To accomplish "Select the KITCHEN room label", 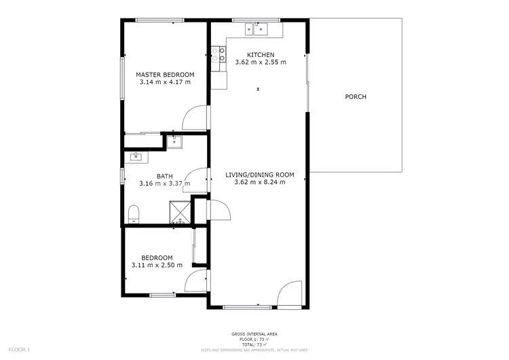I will (261, 55).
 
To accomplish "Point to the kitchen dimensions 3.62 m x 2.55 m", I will (261, 62).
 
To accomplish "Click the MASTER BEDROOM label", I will (165, 75).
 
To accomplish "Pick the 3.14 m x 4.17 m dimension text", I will (165, 82).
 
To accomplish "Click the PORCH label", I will (356, 97).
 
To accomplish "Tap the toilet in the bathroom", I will (133, 213).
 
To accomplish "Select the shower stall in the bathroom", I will (180, 213).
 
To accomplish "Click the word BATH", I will (164, 175).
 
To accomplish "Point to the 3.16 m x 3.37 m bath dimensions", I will (164, 183).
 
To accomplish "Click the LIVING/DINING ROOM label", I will (260, 175).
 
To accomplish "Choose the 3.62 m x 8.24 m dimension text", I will (260, 182).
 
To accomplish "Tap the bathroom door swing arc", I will (194, 179).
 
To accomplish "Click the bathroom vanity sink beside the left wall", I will (134, 158).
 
